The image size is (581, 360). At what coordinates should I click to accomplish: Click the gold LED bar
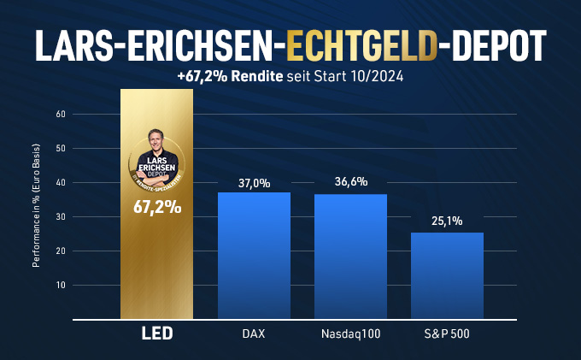click(x=156, y=204)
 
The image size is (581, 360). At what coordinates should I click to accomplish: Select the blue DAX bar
click(x=254, y=256)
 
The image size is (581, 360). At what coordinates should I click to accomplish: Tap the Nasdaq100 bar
click(x=350, y=257)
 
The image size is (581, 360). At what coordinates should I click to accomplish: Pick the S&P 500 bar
click(x=447, y=276)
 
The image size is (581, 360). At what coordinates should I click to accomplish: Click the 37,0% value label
click(x=255, y=183)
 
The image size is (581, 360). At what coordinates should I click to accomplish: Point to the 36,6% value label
click(x=351, y=181)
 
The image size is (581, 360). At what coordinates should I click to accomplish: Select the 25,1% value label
click(x=447, y=221)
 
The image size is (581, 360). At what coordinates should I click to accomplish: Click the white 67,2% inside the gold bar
click(x=157, y=208)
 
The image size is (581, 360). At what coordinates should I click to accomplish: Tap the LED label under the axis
click(x=157, y=333)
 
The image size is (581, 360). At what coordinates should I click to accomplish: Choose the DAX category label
click(x=254, y=333)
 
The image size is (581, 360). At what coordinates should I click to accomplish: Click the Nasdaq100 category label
click(x=350, y=333)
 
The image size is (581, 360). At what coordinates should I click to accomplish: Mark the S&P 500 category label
click(x=447, y=333)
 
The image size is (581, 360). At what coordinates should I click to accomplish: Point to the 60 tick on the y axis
click(x=61, y=115)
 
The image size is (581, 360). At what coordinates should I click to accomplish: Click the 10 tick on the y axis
click(x=61, y=285)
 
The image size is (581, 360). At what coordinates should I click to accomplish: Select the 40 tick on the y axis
click(x=61, y=182)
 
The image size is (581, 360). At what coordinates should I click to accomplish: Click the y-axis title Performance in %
click(x=36, y=206)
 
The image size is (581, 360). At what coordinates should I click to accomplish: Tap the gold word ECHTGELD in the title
click(x=361, y=46)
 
